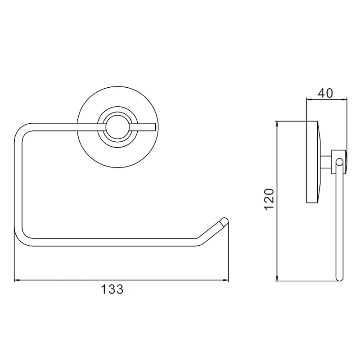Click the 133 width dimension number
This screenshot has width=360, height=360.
pos(112,289)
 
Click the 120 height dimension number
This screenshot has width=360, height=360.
pos(269,199)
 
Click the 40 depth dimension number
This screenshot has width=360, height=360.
pos(325,93)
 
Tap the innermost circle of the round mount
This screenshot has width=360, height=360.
pos(118,127)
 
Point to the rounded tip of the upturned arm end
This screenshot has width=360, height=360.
pos(225,221)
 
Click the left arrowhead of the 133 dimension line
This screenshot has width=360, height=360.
pos(17,280)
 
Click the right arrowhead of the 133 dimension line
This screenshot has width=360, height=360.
pos(226,280)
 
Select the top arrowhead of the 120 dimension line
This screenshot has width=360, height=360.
pos(277,124)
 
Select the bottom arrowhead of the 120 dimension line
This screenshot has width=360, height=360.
pos(277,278)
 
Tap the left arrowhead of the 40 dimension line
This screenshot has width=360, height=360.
pos(309,99)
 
